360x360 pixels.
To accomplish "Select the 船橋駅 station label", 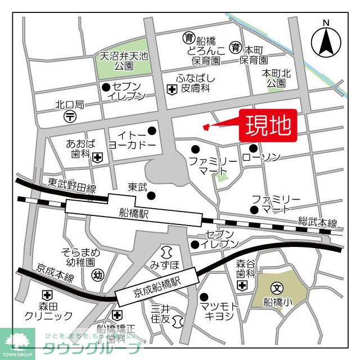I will [134, 213].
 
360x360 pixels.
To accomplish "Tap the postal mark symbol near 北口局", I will [70, 116].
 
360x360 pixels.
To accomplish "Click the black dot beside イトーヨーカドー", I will [151, 131].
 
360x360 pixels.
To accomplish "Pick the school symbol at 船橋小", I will [276, 287].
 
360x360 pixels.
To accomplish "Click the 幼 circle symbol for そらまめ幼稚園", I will [97, 275].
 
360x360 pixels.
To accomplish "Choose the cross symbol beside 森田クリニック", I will [47, 295].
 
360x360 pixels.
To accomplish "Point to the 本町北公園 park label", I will [276, 78].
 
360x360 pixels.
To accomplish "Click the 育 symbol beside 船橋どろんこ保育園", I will [188, 38].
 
